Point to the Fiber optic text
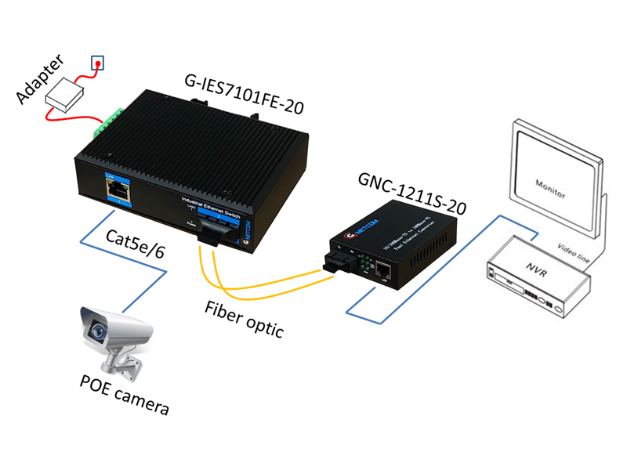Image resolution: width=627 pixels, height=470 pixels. point(245,316)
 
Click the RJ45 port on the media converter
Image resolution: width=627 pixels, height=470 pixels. point(384,272)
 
